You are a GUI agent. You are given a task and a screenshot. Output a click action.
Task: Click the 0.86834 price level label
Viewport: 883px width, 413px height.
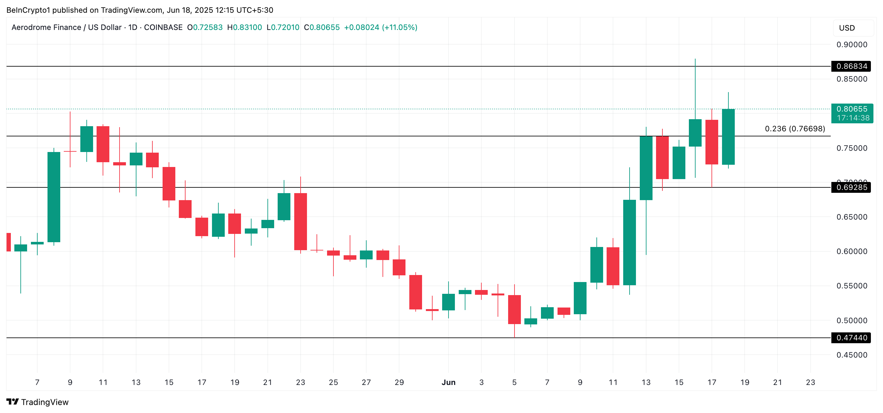[851, 66]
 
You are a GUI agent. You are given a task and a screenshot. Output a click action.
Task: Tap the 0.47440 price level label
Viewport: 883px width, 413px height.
[851, 337]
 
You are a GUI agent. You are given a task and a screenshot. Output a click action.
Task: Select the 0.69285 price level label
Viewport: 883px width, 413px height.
[851, 187]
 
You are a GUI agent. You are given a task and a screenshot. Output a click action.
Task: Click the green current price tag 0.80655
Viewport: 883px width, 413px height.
[852, 109]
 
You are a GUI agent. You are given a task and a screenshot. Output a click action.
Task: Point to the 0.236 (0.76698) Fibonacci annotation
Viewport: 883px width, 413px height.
[795, 128]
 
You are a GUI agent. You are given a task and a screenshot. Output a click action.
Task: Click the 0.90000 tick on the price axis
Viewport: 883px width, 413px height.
[851, 45]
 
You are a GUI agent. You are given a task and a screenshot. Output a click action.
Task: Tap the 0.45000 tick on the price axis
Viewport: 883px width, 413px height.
[851, 355]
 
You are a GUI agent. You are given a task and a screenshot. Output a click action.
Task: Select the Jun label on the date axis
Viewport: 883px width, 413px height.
[449, 382]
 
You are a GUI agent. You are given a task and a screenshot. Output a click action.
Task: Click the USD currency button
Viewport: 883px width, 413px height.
[847, 28]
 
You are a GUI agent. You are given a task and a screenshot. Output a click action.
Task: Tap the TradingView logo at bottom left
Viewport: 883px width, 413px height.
[38, 402]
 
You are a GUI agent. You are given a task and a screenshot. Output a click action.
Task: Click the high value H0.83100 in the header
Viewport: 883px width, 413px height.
[244, 27]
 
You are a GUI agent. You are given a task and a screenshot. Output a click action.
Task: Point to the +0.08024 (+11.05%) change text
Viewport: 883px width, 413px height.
[381, 27]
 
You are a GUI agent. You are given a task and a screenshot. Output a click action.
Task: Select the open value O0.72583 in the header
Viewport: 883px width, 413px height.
[205, 27]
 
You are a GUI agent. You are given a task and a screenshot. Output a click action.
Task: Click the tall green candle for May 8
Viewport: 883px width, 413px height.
[54, 197]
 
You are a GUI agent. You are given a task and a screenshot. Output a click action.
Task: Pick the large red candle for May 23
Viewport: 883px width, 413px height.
[301, 221]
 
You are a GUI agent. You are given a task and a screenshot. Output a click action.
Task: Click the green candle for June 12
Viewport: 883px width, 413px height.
[629, 242]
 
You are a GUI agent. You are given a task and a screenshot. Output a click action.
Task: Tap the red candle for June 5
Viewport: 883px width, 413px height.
[514, 309]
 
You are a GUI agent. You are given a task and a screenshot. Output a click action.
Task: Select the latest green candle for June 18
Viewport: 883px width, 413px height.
[728, 137]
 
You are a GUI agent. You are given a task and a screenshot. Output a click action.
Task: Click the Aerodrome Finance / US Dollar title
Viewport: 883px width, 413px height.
[67, 27]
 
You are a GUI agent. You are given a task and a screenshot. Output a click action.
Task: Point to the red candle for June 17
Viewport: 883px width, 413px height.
[712, 142]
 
